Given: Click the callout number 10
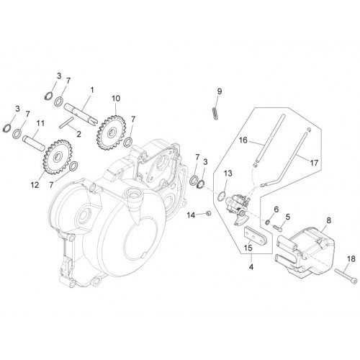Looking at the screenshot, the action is pyautogui.click(x=116, y=99).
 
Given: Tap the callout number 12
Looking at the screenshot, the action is pyautogui.click(x=35, y=185).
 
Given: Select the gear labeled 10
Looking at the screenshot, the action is pyautogui.click(x=112, y=132).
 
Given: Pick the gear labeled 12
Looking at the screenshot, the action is pyautogui.click(x=57, y=157).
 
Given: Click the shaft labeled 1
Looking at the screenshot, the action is pyautogui.click(x=81, y=114).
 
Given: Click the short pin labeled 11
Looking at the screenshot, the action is pyautogui.click(x=34, y=143).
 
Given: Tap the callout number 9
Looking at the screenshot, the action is pyautogui.click(x=220, y=91).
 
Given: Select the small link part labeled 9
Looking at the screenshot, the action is pyautogui.click(x=215, y=113).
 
